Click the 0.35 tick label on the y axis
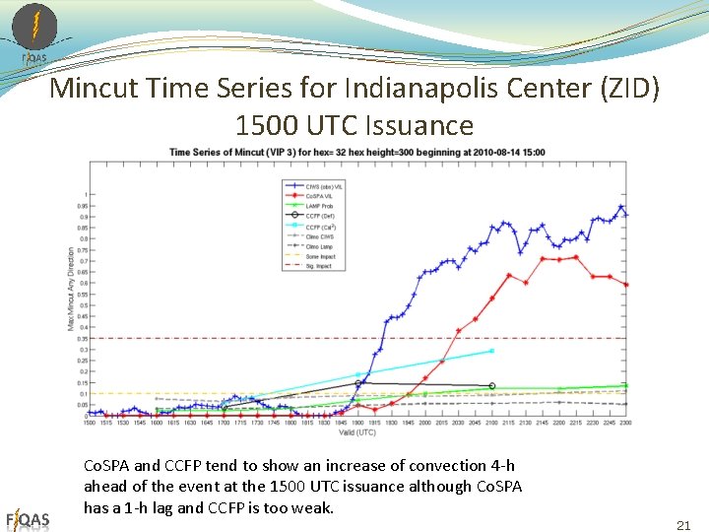[x=81, y=338]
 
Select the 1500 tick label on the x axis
[x=89, y=423]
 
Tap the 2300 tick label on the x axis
[x=626, y=423]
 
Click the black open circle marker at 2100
[x=491, y=386]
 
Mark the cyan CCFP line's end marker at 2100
[x=491, y=351]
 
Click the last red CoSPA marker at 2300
[x=626, y=285]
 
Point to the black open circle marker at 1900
[x=358, y=382]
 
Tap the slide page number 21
[x=683, y=526]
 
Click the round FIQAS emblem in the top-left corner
[x=34, y=28]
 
